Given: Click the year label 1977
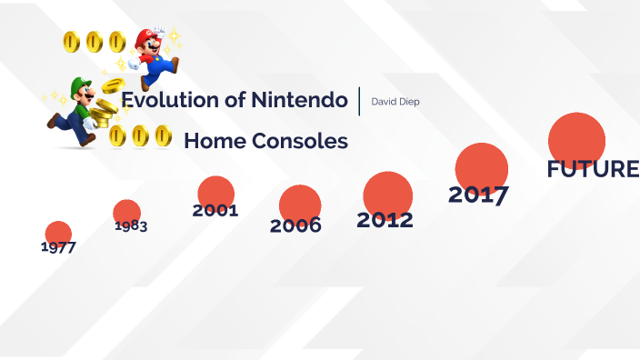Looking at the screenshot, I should pyautogui.click(x=58, y=247).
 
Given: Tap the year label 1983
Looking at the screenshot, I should pyautogui.click(x=131, y=225).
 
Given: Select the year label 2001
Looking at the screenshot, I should pyautogui.click(x=215, y=211).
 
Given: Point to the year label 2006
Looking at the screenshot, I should pyautogui.click(x=295, y=225).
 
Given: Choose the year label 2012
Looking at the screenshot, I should pyautogui.click(x=385, y=220).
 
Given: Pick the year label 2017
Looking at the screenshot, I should pyautogui.click(x=478, y=195).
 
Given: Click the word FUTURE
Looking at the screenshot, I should pyautogui.click(x=593, y=169).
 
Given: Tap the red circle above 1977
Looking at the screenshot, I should pyautogui.click(x=58, y=232).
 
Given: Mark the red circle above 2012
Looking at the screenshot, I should pyautogui.click(x=388, y=193).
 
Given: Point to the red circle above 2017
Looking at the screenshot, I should pyautogui.click(x=482, y=166).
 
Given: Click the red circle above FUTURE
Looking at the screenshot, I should pyautogui.click(x=577, y=139).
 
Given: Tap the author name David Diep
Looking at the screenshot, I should pyautogui.click(x=395, y=101).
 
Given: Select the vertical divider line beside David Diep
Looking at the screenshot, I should pyautogui.click(x=360, y=100).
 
